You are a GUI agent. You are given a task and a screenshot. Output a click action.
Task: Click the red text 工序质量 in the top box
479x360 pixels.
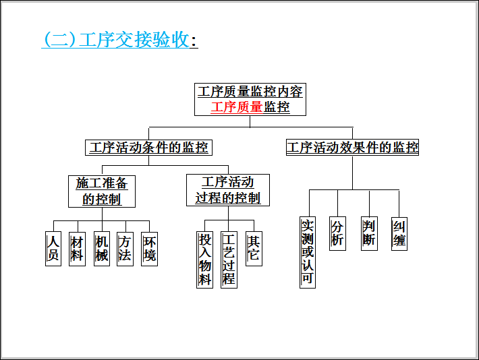(x=236, y=107)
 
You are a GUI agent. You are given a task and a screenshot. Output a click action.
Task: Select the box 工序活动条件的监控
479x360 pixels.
(x=148, y=148)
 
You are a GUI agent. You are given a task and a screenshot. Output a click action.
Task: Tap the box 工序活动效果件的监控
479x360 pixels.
(x=352, y=148)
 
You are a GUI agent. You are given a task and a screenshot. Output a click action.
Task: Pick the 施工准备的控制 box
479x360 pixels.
(x=102, y=191)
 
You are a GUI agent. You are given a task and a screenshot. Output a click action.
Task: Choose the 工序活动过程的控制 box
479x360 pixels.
(x=227, y=190)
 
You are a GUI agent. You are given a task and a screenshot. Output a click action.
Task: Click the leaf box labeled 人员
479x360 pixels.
(x=53, y=249)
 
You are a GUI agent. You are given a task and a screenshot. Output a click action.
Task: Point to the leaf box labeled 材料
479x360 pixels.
(x=77, y=249)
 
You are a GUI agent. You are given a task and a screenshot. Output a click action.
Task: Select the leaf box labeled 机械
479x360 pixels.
(x=101, y=249)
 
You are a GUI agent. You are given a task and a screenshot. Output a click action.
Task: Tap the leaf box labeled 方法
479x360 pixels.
(x=125, y=249)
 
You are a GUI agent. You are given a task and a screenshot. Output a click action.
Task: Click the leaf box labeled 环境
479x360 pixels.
(x=149, y=249)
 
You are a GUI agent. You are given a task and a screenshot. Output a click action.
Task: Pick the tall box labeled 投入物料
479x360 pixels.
(x=204, y=260)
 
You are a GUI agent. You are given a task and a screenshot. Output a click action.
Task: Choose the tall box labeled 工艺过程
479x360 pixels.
(x=229, y=260)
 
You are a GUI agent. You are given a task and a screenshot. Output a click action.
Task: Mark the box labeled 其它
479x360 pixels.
(x=253, y=249)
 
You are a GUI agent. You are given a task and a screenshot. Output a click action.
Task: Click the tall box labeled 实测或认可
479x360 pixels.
(x=308, y=251)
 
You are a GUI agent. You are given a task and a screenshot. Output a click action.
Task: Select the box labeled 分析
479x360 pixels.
(x=337, y=233)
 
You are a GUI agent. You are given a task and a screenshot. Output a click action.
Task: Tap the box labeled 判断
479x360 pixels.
(x=368, y=233)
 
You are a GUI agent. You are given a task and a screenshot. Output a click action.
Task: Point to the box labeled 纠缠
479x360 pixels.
(x=399, y=233)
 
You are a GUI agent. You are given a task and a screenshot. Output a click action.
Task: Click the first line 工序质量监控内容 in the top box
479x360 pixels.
(x=250, y=92)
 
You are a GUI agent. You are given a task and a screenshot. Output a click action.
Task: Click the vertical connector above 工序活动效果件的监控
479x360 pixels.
(x=352, y=133)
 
